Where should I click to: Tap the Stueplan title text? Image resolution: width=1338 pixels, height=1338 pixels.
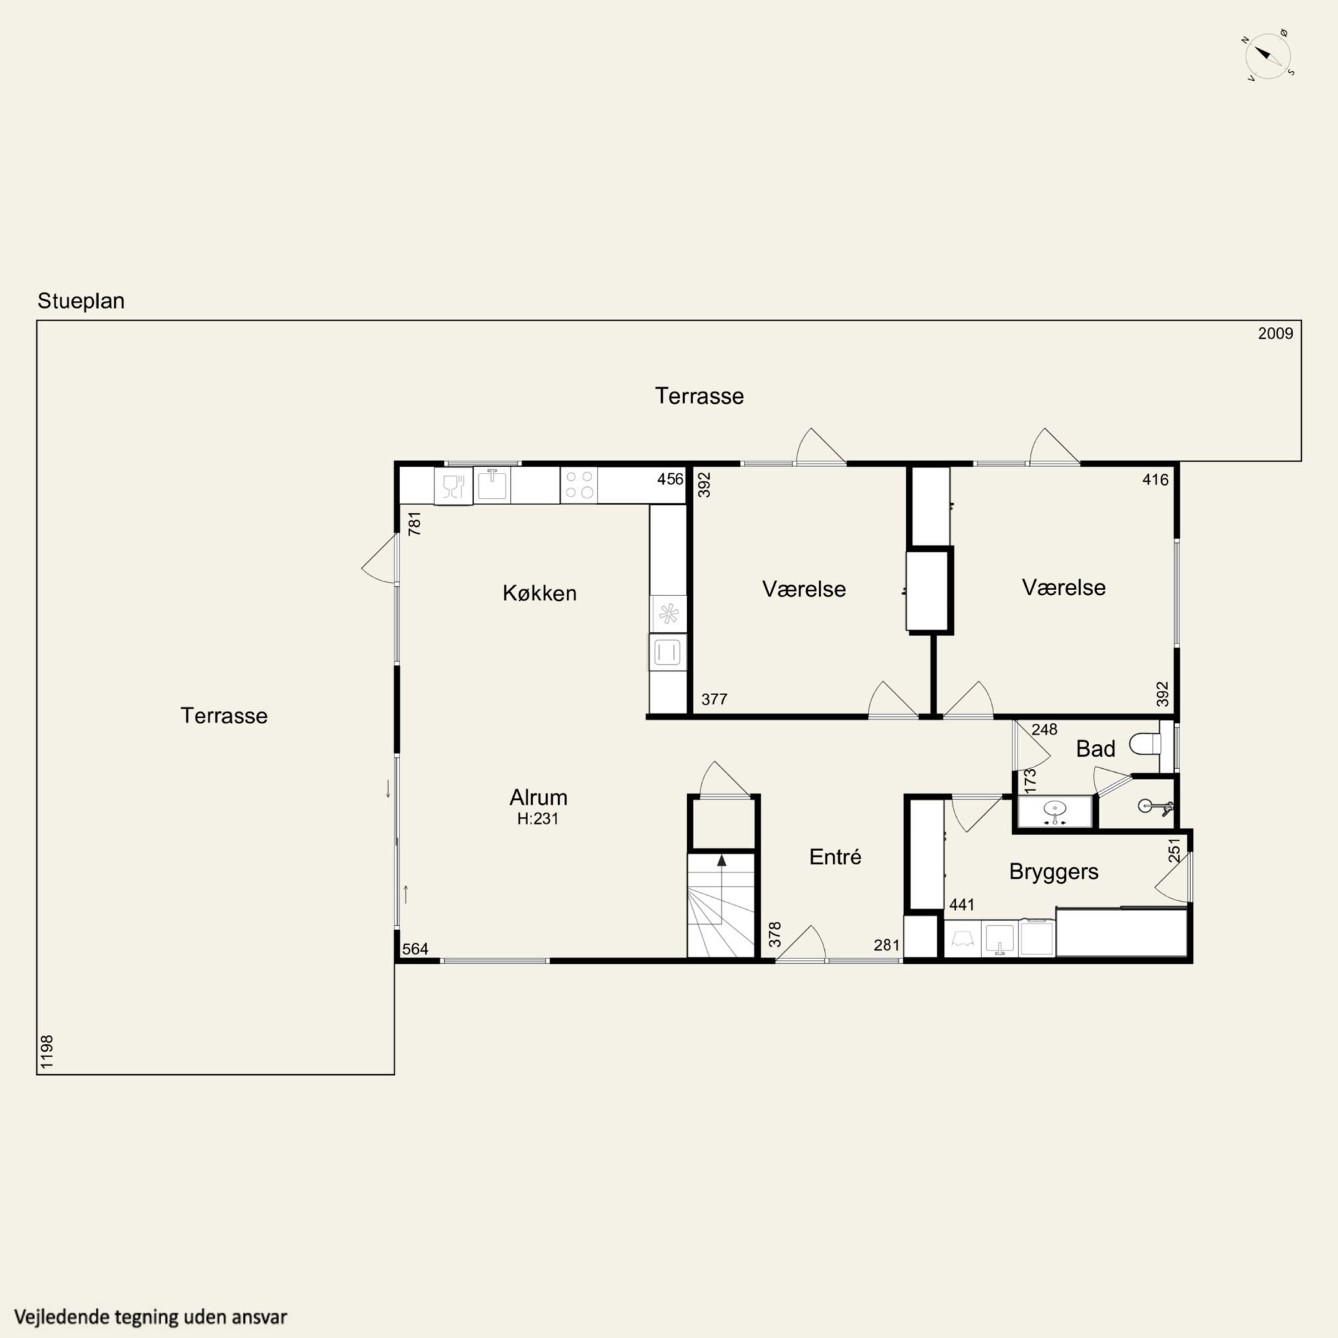(x=81, y=301)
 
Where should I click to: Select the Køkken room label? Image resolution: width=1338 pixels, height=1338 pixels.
(x=539, y=593)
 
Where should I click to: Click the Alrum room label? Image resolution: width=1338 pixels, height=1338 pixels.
(x=538, y=797)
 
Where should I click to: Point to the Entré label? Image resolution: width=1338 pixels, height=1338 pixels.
(x=835, y=857)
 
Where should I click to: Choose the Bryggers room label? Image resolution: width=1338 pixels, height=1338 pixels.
(x=1054, y=871)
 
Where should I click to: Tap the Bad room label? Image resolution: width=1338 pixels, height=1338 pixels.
(x=1096, y=749)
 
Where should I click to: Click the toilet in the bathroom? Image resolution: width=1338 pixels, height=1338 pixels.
(x=1146, y=745)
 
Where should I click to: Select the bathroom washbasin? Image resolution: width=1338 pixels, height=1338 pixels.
(x=1055, y=809)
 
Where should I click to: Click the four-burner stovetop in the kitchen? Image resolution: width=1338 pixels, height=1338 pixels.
(x=579, y=485)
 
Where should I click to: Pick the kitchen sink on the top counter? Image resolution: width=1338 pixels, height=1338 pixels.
(x=492, y=484)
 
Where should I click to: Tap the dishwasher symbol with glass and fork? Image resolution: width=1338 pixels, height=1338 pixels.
(x=453, y=486)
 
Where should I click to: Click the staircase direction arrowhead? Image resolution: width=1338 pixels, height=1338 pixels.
(x=722, y=860)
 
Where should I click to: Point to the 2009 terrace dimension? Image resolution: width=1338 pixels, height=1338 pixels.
(x=1275, y=334)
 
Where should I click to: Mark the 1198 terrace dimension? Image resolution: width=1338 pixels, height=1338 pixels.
(x=47, y=1052)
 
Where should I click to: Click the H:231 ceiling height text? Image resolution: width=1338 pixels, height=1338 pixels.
(x=537, y=819)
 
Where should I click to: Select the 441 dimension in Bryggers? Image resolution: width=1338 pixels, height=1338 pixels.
(x=962, y=904)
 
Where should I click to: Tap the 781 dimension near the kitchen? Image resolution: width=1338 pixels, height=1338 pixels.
(x=414, y=524)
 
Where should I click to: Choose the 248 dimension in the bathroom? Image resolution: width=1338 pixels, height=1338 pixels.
(x=1044, y=729)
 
